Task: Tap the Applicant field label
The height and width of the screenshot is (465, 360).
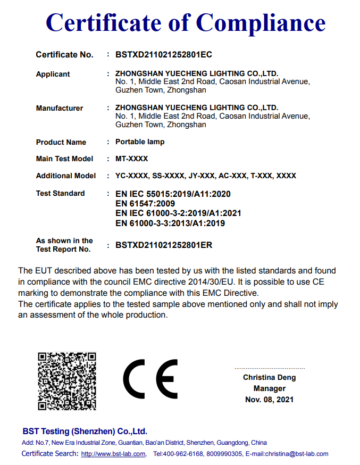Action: coord(53,74)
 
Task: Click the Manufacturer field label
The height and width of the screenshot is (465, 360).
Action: coord(60,108)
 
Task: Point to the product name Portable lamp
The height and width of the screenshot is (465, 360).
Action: coord(140,142)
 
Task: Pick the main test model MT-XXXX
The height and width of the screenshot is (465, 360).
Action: coord(131,159)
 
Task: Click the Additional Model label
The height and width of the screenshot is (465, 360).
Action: coord(66,176)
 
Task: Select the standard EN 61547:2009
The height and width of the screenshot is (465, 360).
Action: coord(145,203)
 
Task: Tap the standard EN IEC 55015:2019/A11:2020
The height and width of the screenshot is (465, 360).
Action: coord(173,194)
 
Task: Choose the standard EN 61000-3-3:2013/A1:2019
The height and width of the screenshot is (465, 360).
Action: coord(170,223)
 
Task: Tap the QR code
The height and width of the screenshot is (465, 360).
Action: coord(66,380)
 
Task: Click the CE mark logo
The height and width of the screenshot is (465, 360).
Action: coord(150,379)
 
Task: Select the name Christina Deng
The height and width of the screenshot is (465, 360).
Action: coord(269,377)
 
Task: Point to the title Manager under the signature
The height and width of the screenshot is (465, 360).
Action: coord(269,388)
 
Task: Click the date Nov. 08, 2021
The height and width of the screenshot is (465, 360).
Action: coord(269,400)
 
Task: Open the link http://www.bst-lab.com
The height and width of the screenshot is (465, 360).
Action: coord(113,454)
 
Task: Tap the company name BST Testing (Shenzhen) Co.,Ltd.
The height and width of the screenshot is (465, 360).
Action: coord(85,431)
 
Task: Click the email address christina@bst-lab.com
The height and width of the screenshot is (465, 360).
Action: coord(295,454)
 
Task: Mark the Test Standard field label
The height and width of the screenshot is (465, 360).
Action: coord(60,193)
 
